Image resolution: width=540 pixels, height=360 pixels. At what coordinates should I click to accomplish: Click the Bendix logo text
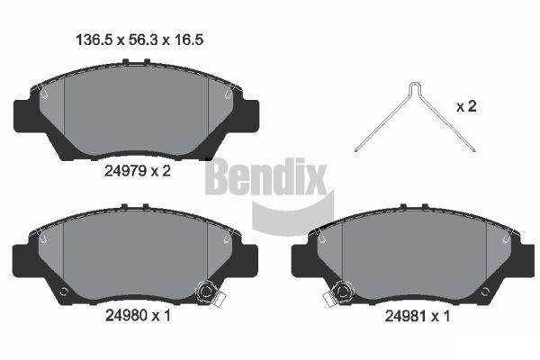click(x=265, y=176)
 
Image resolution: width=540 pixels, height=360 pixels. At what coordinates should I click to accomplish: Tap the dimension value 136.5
click(x=94, y=40)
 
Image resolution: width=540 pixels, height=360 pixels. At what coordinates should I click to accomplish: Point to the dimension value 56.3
click(x=143, y=40)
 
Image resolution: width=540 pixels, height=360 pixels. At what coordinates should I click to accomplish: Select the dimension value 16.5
click(x=188, y=40)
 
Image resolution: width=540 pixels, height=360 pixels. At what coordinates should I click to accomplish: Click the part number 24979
click(x=126, y=170)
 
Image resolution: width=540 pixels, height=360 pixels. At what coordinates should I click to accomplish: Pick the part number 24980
click(x=126, y=315)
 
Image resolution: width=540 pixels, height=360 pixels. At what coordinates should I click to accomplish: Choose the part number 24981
click(x=406, y=316)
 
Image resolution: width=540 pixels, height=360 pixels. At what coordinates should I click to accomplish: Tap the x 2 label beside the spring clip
click(x=466, y=106)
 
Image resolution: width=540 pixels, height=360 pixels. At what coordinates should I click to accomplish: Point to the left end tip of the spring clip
click(x=356, y=150)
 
